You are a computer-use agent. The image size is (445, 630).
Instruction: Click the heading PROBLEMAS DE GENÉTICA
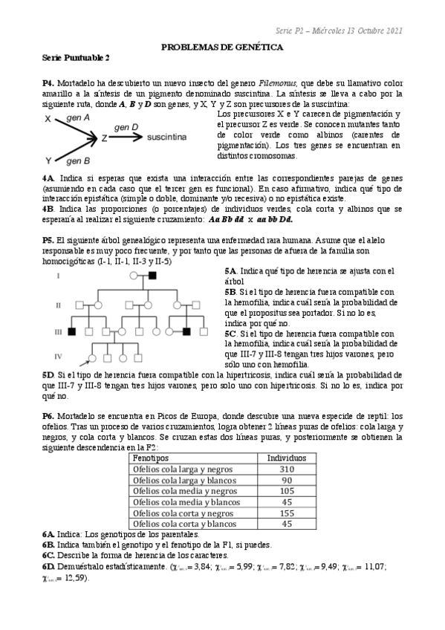point(222,46)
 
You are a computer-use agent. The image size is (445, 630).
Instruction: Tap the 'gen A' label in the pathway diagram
point(79,118)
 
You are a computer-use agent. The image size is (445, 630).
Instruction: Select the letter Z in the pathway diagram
point(105,138)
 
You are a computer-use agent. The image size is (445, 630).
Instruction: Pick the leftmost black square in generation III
point(72,331)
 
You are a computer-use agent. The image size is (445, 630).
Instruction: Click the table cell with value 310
point(286,470)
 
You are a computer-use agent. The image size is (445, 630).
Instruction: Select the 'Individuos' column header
point(286,459)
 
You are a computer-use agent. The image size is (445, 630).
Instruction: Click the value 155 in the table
point(286,513)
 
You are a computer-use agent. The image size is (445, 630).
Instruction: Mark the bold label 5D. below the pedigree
point(49,376)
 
